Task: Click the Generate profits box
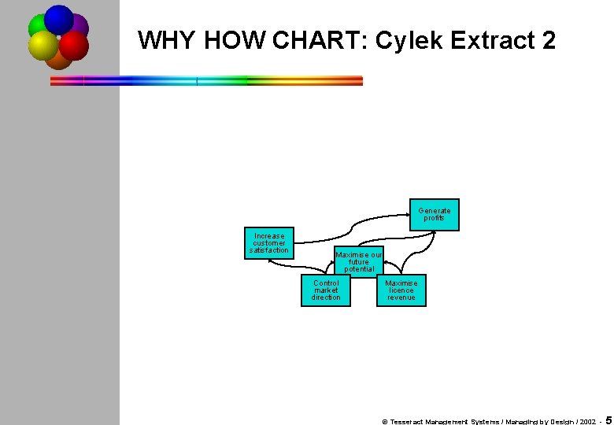[434, 214]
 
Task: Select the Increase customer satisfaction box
[269, 242]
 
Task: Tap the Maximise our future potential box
[359, 261]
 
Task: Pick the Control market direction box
[326, 290]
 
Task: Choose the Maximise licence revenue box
[401, 290]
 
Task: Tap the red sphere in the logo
[74, 46]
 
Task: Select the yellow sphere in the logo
[43, 46]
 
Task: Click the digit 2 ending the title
[549, 40]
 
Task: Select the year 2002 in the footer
[586, 421]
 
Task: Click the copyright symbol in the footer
[384, 421]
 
